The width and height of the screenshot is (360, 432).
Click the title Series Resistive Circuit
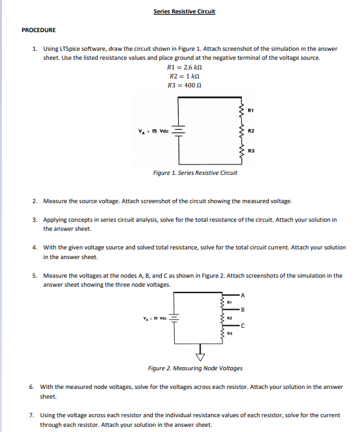point(184,12)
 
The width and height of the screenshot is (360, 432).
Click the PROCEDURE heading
point(39,30)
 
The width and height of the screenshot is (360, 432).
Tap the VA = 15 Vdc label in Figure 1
point(152,133)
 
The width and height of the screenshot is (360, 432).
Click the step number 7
point(32,416)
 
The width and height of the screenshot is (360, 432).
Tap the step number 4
point(35,248)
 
